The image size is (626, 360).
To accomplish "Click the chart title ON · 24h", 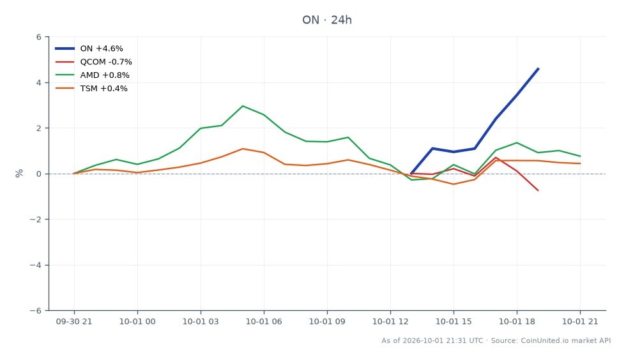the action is coord(326,20).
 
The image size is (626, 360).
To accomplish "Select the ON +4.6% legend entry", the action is coord(89,49).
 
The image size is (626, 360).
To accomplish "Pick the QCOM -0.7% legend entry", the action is coord(93,62).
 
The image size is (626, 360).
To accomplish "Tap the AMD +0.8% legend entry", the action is coord(92,75).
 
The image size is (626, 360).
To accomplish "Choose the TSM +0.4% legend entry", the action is coord(91,89).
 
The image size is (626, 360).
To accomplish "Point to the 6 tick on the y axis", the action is coord(39,37).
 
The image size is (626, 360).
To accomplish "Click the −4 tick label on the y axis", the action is coord(36,265).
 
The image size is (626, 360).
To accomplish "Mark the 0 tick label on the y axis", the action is coord(39,174).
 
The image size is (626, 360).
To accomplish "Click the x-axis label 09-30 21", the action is coord(74,322).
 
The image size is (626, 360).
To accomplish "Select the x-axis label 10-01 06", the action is coord(264,322).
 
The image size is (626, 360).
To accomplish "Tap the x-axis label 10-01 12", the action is coord(390,322).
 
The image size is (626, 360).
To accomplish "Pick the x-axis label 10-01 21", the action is coord(580,322).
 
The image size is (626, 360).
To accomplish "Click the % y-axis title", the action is coord(19,174).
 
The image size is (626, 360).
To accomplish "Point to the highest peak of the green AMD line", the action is coord(243,106).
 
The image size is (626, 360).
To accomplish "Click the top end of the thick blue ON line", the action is coord(538,69).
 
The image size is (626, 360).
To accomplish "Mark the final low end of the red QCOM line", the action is coord(538,190).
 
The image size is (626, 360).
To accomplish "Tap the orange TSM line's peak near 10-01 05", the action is coord(243,149).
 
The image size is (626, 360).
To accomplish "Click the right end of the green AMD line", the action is coord(580,156).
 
